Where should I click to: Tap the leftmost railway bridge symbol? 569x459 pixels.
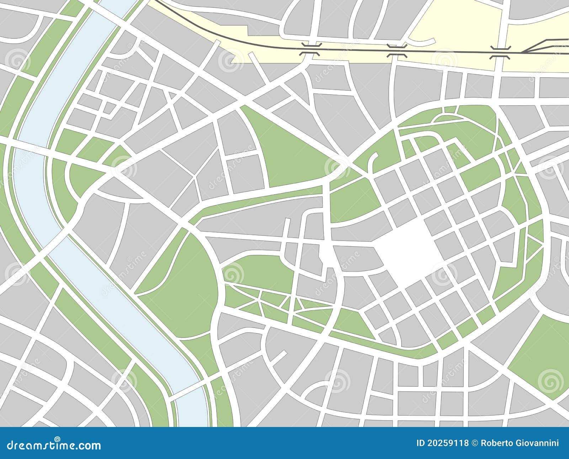click(310, 49)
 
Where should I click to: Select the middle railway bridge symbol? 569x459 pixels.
click(397, 51)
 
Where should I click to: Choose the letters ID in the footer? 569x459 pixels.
click(421, 444)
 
